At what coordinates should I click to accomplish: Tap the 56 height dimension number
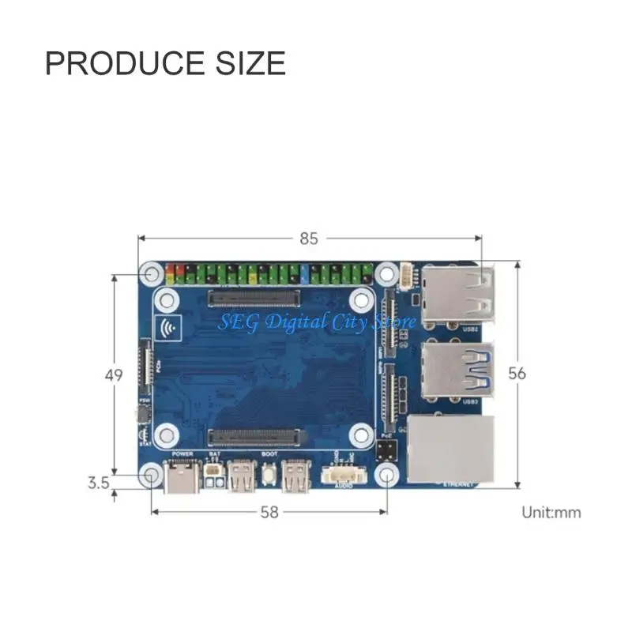tap(517, 373)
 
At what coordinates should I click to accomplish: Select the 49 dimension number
tap(115, 375)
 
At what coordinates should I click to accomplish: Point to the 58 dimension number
tap(269, 512)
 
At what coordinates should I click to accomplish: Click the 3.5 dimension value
tap(98, 482)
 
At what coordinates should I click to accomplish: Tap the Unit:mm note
tap(551, 512)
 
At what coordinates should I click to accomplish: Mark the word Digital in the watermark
tap(291, 322)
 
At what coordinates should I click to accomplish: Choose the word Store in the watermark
tap(393, 322)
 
